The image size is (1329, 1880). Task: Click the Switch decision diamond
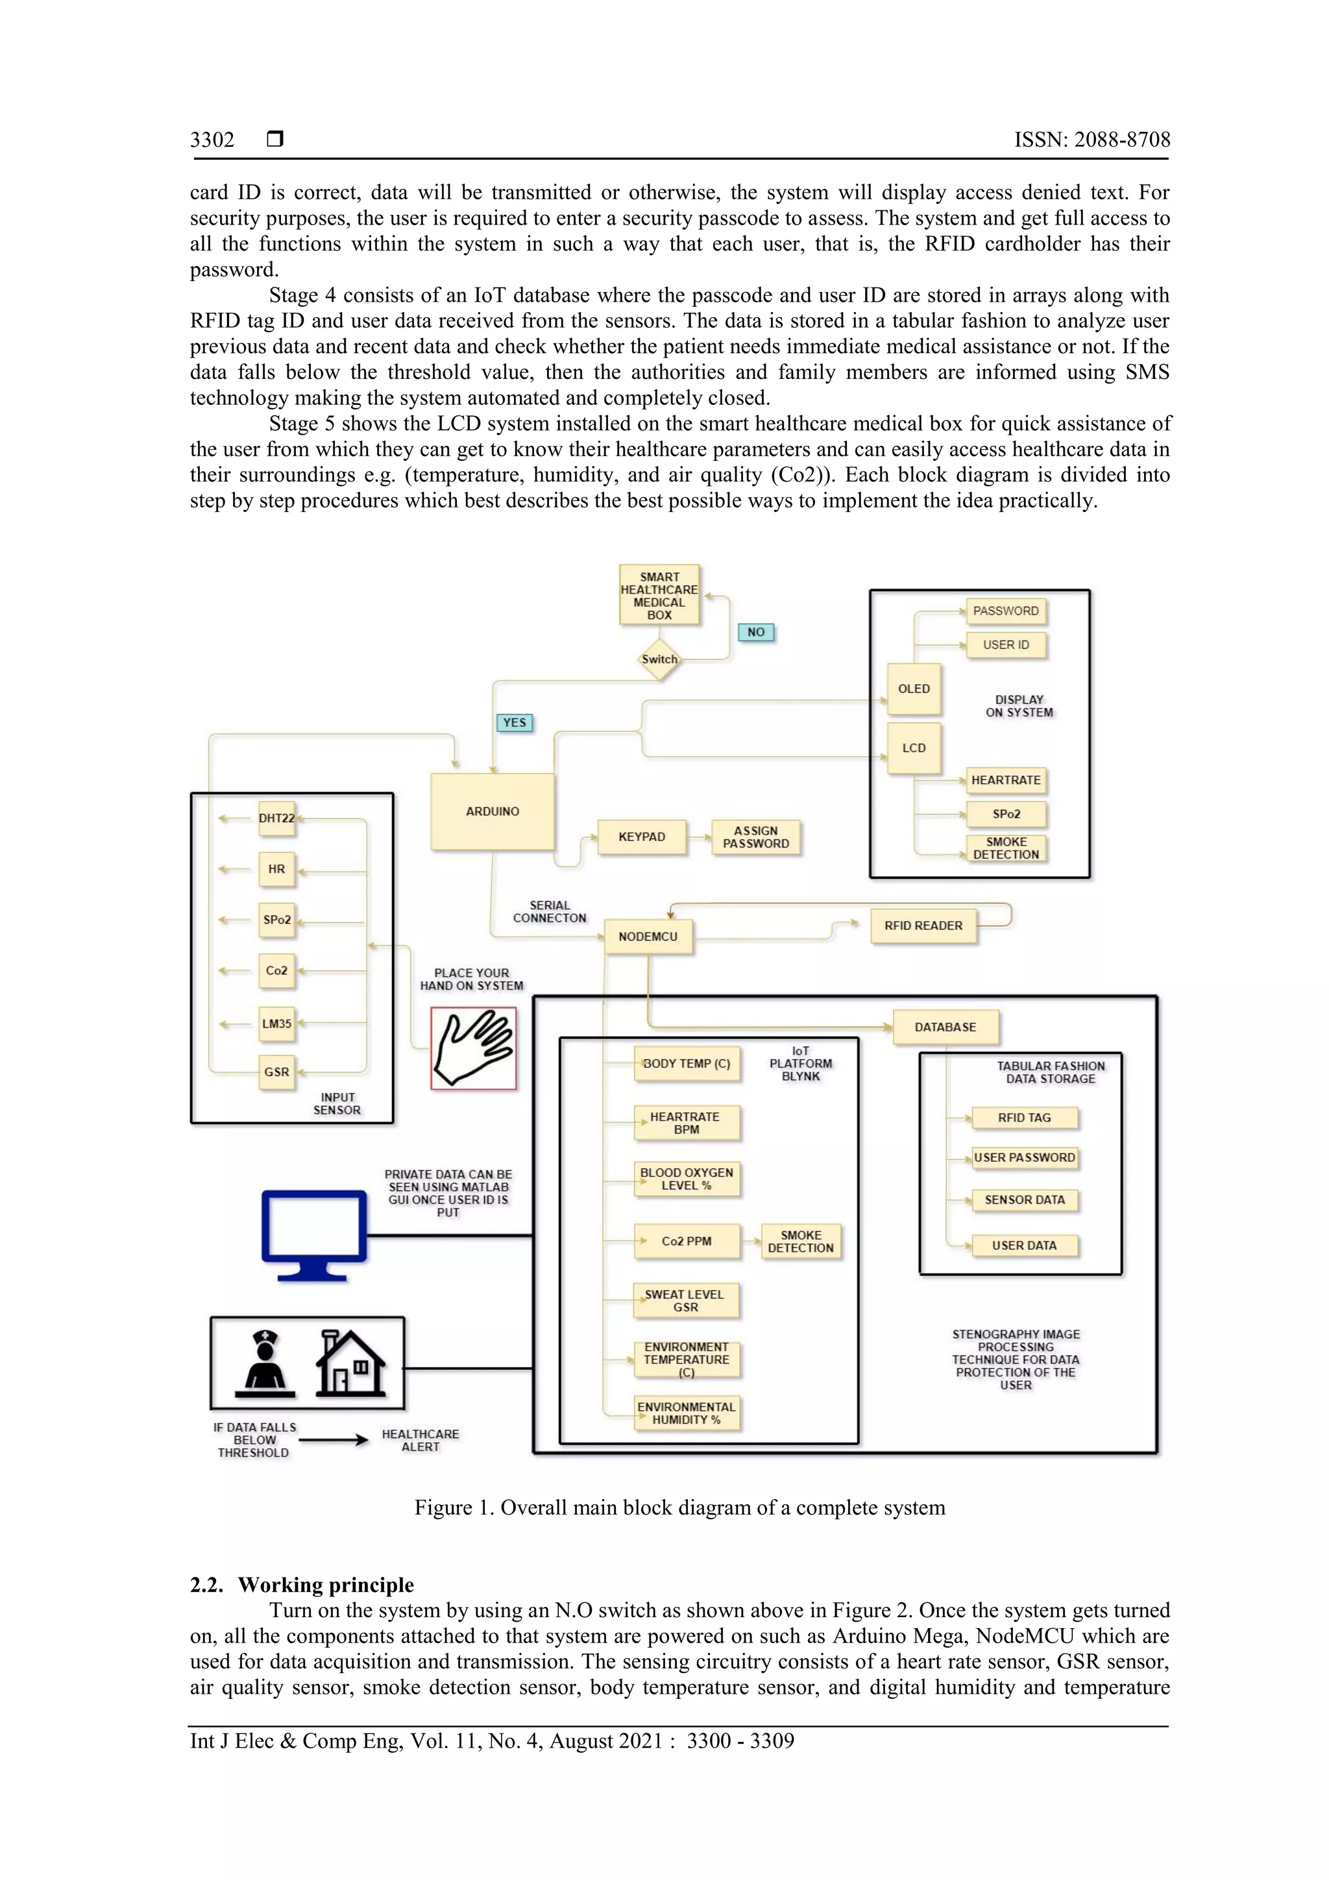659,660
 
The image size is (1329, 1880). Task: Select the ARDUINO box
492,811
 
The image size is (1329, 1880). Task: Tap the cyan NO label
756,632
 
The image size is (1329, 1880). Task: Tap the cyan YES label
514,722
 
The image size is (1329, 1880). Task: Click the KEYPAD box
642,837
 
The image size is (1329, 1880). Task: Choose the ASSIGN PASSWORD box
756,837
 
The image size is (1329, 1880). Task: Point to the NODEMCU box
648,936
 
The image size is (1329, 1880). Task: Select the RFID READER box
923,926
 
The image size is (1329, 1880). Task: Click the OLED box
914,689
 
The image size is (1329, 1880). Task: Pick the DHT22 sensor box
277,818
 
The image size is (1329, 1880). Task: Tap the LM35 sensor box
277,1023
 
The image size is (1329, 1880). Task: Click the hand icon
473,1048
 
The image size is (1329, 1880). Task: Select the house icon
350,1363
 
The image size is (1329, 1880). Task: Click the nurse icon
265,1363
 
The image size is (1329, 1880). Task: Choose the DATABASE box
945,1027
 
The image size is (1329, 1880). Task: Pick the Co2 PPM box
686,1241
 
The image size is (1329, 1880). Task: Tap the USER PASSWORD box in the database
1025,1158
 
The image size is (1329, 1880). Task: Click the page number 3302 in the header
212,140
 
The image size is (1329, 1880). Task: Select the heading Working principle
325,1585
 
